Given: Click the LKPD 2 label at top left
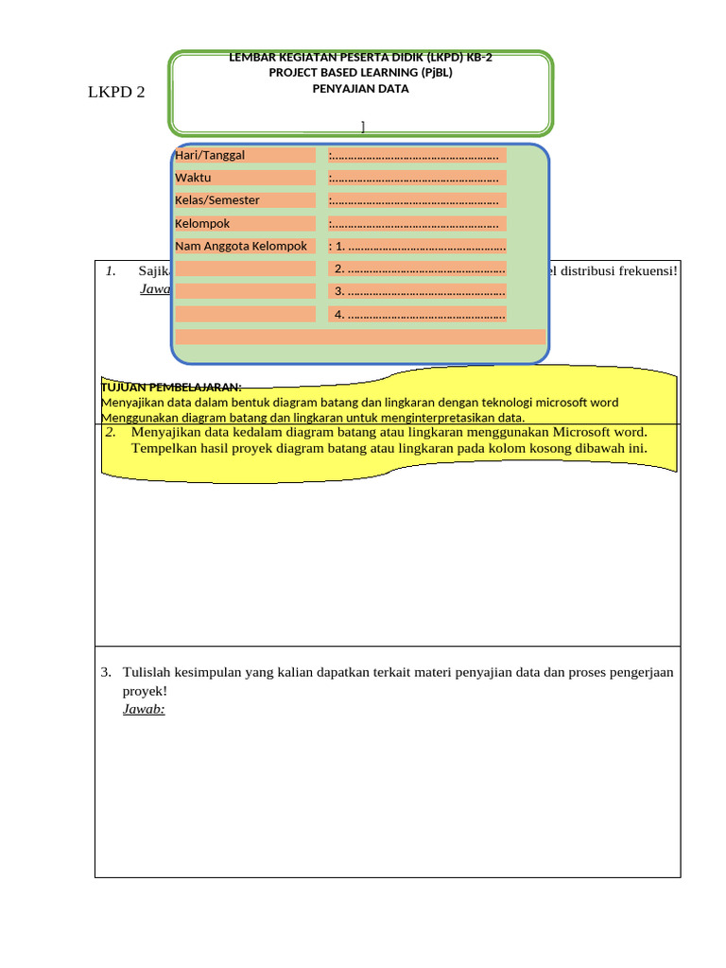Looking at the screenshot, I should (x=116, y=93).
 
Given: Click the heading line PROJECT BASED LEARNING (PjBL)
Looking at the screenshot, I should (x=361, y=73).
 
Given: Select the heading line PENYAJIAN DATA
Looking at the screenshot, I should (x=361, y=89).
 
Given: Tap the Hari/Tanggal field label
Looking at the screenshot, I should (x=210, y=155).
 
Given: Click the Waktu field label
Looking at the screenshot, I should (x=193, y=178).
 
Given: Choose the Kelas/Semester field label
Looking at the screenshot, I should (x=217, y=200).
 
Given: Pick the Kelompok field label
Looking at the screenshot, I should (x=202, y=224).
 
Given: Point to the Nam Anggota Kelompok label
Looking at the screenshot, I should (x=241, y=247).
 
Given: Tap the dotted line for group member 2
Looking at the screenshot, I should (x=420, y=269).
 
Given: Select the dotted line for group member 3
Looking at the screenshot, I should (x=420, y=291).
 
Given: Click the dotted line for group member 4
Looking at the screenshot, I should (x=420, y=314).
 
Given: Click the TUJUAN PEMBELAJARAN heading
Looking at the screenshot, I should (x=171, y=387).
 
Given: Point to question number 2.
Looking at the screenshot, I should (x=111, y=432).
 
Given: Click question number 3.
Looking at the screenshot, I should (x=106, y=673).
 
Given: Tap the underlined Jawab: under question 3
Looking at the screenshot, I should (x=144, y=709).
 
